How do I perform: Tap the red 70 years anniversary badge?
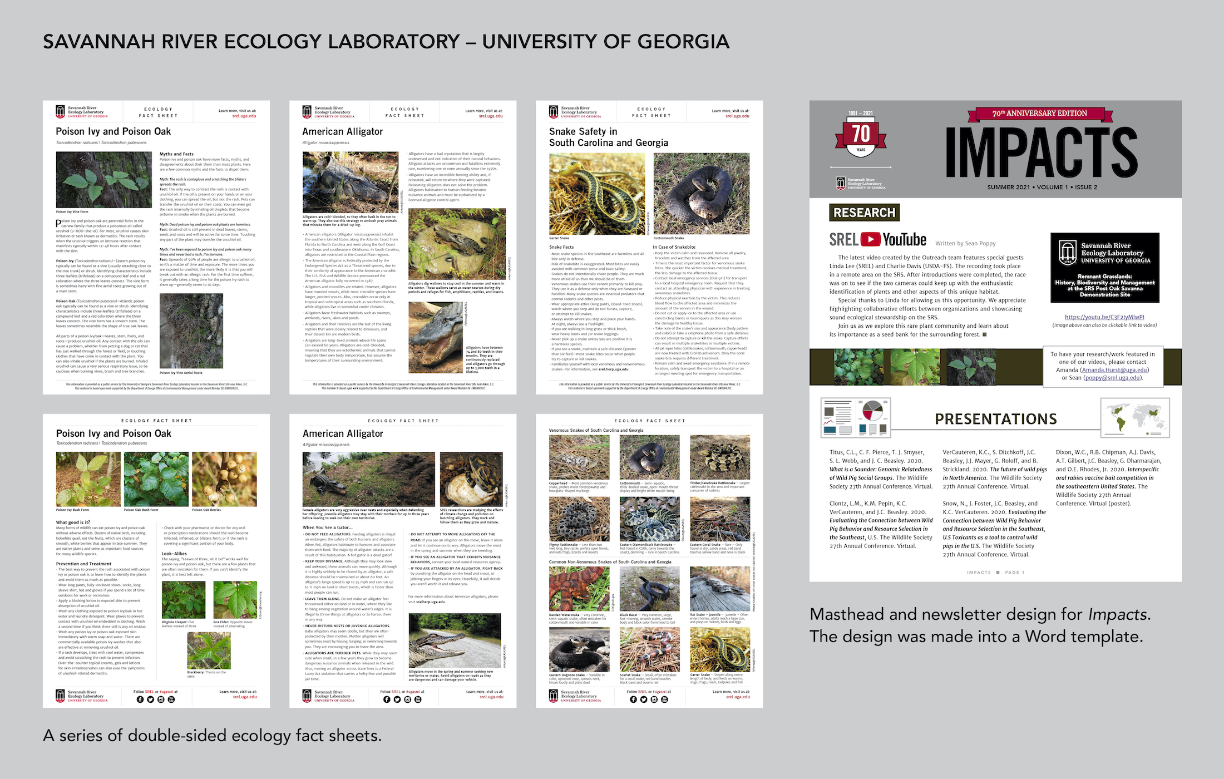[861, 136]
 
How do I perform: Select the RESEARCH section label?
[864, 213]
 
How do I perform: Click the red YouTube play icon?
[870, 239]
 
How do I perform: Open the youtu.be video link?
[1104, 317]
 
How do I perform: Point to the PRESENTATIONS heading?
[995, 419]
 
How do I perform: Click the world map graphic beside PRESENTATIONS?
[1134, 417]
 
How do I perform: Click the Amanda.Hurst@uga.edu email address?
[1114, 370]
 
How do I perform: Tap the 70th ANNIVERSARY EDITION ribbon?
[1039, 114]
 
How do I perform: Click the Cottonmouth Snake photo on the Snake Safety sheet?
[701, 193]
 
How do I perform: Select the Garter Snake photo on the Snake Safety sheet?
[597, 193]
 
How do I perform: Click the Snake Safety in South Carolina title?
[608, 137]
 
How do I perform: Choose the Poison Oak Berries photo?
[224, 479]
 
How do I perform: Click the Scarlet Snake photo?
[649, 649]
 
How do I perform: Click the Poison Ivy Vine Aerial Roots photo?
[191, 331]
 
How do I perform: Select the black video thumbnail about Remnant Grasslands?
[1104, 268]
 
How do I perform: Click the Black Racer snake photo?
[649, 589]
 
